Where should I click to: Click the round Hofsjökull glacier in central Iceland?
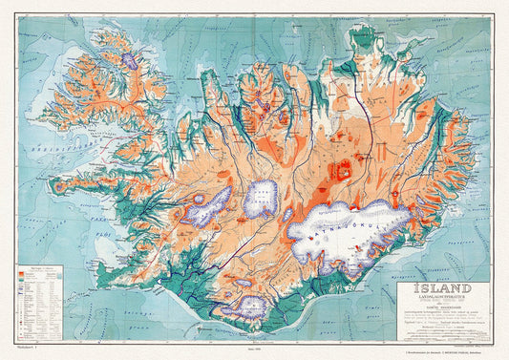point(261,198)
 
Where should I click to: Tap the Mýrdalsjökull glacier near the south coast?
point(252,307)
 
